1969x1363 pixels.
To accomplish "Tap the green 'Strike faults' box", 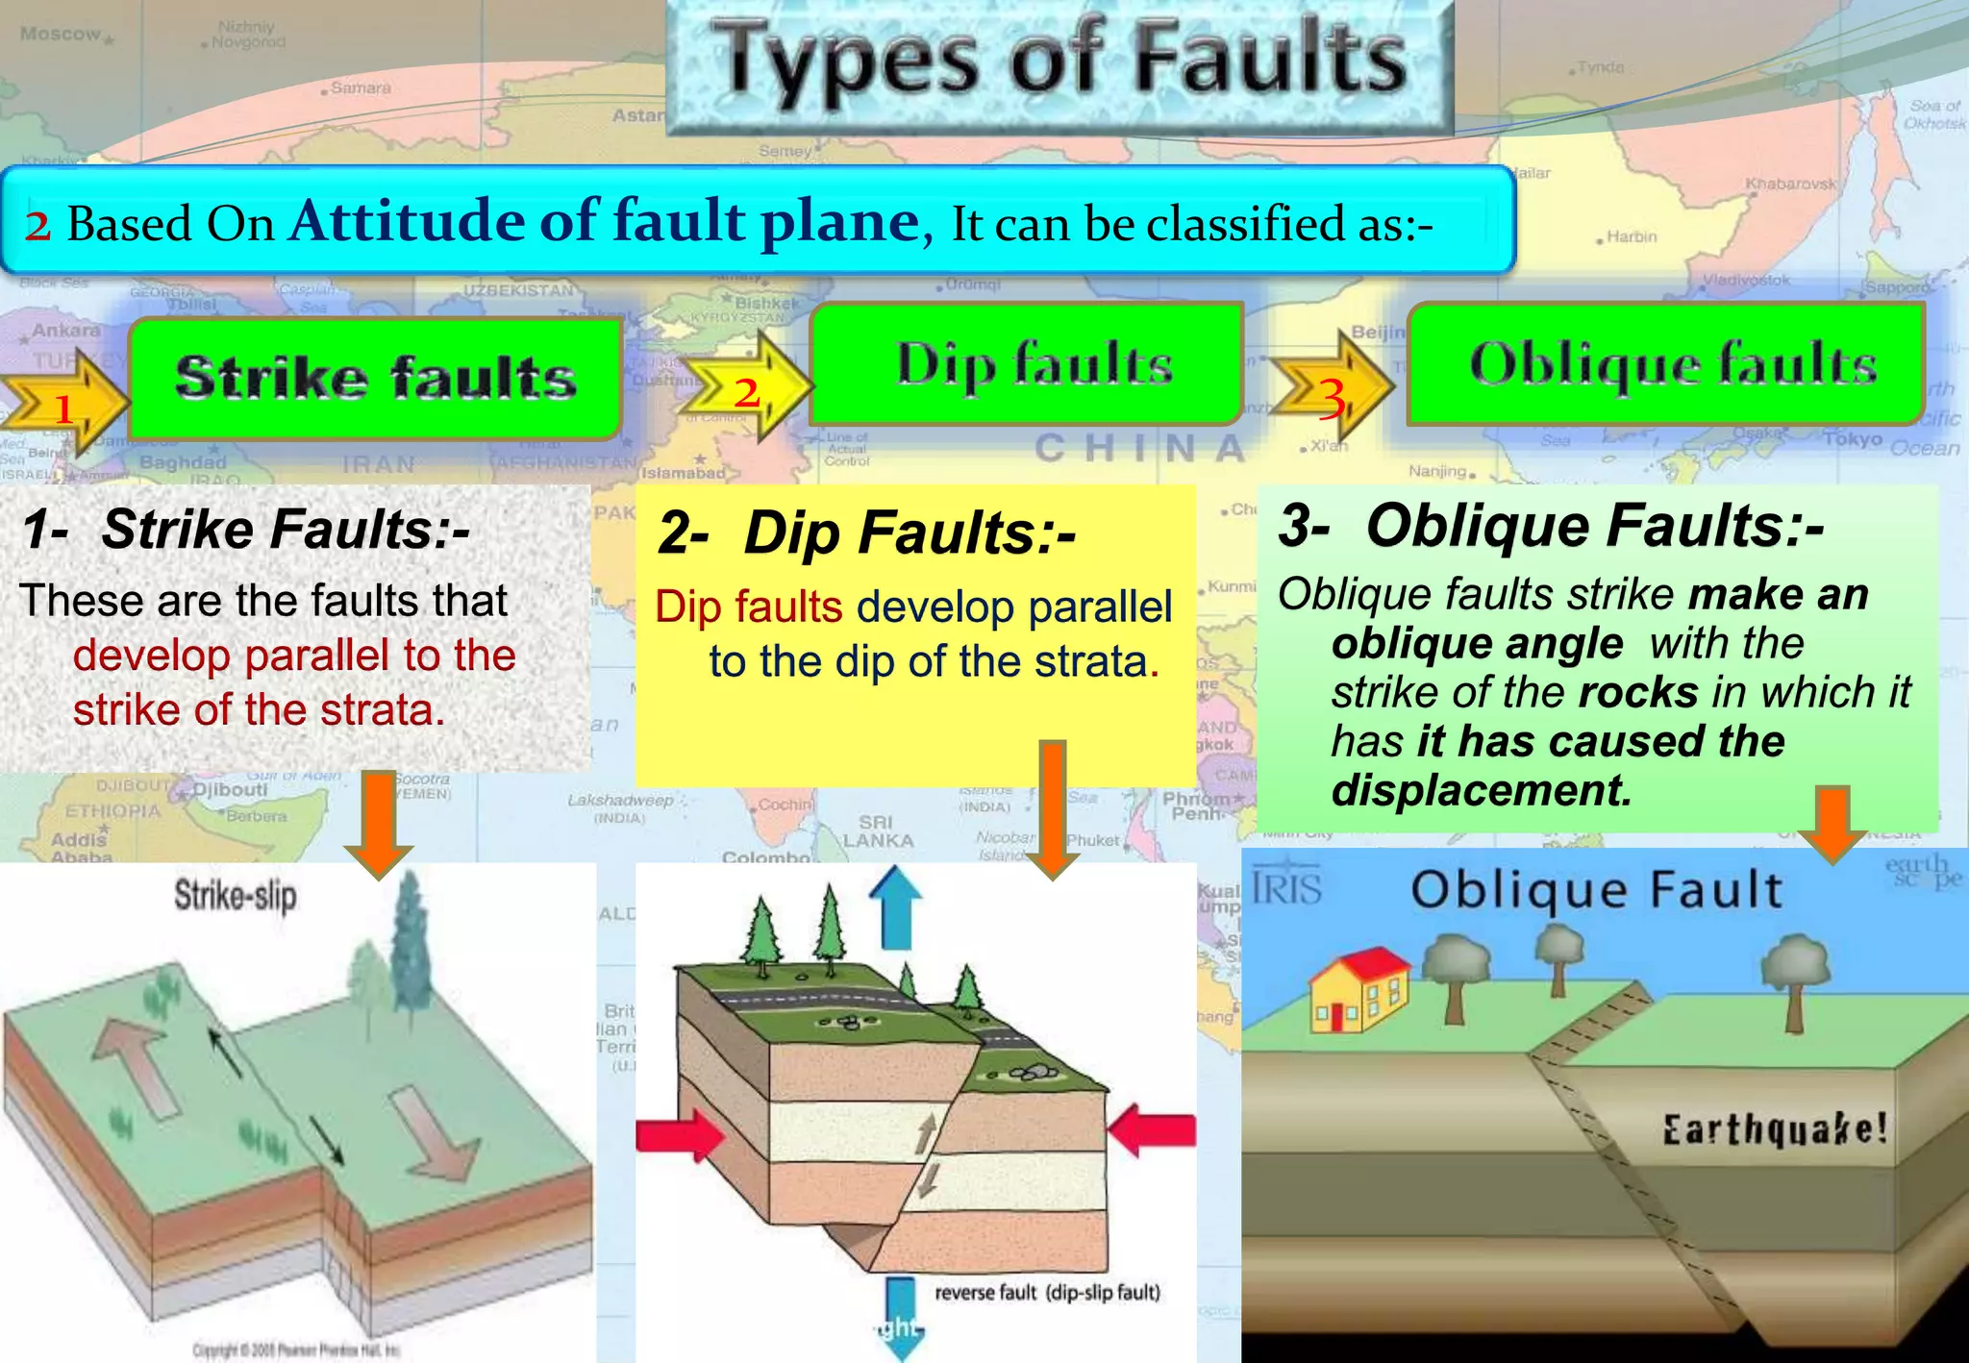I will [376, 378].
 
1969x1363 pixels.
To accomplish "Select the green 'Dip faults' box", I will [1028, 364].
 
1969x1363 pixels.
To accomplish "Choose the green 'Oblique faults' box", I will [1667, 364].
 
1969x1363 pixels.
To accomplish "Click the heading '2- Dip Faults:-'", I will [866, 533].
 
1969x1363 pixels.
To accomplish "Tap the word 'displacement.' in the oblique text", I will [1482, 791].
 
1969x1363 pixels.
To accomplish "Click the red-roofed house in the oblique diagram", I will [1357, 991].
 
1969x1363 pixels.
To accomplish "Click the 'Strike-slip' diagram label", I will [236, 896].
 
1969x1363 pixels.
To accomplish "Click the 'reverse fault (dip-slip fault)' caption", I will [1047, 1293].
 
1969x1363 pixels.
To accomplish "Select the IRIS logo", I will [1287, 888].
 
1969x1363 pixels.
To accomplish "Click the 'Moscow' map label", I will [62, 35].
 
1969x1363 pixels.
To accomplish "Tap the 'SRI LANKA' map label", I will [876, 831].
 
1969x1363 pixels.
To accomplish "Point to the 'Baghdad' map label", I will [183, 462].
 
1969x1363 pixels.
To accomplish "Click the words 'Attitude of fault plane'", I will [605, 221].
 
